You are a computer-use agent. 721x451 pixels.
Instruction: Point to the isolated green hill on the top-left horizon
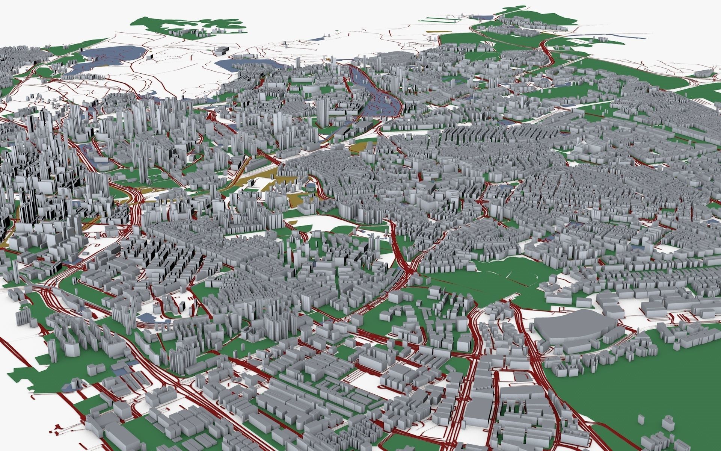tap(188, 26)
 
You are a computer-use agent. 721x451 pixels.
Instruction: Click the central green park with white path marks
tap(499, 278)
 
